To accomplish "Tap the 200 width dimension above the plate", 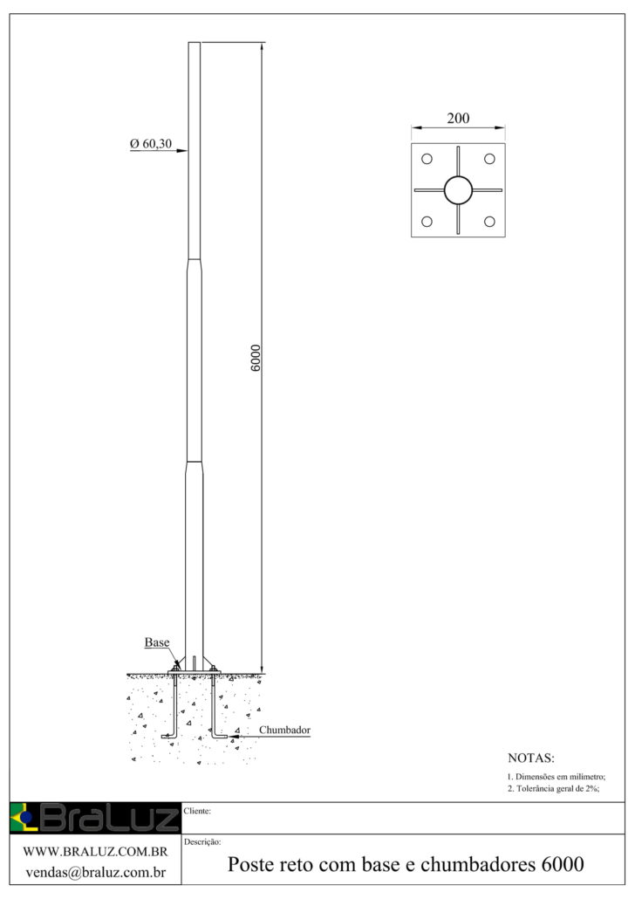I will coord(458,120).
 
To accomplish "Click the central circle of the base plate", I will coord(458,189).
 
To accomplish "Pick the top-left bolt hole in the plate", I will coord(427,159).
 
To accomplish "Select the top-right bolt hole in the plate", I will coord(489,159).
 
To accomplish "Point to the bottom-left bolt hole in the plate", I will coord(427,222).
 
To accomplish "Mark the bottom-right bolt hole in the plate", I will coord(489,222).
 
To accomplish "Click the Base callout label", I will coord(156,642).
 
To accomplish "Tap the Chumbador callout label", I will coord(285,730).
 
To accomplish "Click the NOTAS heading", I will coord(530,758).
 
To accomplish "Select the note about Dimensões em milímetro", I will coord(556,777).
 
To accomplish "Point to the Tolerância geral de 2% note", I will coord(553,789).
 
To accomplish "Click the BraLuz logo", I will coord(93,818).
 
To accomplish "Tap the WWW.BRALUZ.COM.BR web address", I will coord(95,851).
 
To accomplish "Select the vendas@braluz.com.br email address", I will coord(95,871).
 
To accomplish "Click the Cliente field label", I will coord(198,811).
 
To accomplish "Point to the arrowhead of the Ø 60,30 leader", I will coord(184,152).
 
